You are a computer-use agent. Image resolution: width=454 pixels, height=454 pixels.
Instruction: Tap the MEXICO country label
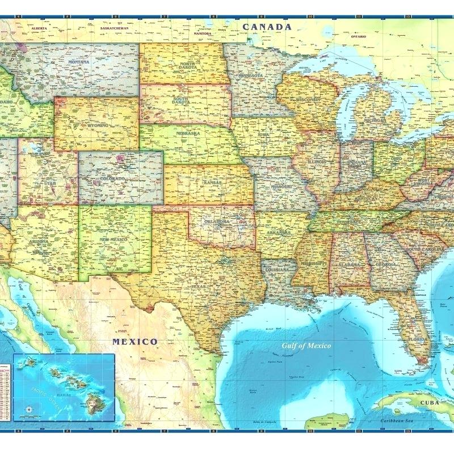click(134, 342)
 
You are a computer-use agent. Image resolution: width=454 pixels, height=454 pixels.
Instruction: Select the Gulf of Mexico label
click(307, 345)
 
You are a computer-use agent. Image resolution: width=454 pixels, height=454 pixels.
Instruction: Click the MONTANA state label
click(79, 61)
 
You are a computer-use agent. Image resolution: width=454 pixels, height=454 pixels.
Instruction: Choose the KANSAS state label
click(211, 183)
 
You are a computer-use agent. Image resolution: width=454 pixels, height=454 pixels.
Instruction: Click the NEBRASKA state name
click(187, 134)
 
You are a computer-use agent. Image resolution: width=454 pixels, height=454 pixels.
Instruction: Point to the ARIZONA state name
click(40, 242)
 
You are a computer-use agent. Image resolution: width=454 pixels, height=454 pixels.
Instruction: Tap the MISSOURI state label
click(281, 186)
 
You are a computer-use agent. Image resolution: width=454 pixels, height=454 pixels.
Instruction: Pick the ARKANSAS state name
click(278, 233)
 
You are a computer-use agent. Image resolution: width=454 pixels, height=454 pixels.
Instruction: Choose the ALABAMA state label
click(350, 264)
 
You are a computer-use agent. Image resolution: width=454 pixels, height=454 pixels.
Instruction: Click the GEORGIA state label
click(386, 264)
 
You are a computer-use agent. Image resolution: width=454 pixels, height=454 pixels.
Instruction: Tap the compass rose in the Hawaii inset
click(28, 408)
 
